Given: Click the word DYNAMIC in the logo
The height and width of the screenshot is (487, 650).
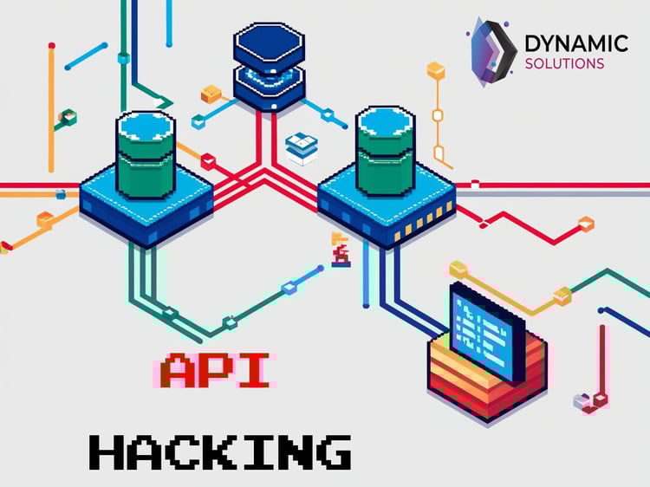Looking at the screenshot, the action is point(576,43).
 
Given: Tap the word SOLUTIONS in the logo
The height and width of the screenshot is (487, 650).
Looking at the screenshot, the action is point(564,64).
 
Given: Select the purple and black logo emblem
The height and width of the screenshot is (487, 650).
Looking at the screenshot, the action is point(493,51).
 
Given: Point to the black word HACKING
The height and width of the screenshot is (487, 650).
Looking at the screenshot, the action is point(220,452).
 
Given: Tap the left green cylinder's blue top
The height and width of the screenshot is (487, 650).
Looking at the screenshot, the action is point(146,126).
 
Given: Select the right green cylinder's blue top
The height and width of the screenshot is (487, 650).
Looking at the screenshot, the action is point(386,120).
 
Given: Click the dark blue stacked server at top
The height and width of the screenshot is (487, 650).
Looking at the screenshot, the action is point(269,67).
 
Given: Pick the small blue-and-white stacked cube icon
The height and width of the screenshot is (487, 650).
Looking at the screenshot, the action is point(302,148).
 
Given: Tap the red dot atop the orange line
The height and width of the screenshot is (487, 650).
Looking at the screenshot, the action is point(52,46).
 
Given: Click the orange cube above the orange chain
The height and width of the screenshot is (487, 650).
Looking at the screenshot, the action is point(436,70).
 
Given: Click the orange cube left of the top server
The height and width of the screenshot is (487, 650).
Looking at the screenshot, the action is point(211,94).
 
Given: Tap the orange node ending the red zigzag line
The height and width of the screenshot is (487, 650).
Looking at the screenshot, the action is point(585,224).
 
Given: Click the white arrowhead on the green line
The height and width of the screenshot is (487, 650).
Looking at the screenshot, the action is point(159,102).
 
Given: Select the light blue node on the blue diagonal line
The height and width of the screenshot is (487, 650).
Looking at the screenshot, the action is point(289,288).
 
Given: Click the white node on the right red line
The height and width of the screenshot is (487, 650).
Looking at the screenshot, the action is point(475,184).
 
